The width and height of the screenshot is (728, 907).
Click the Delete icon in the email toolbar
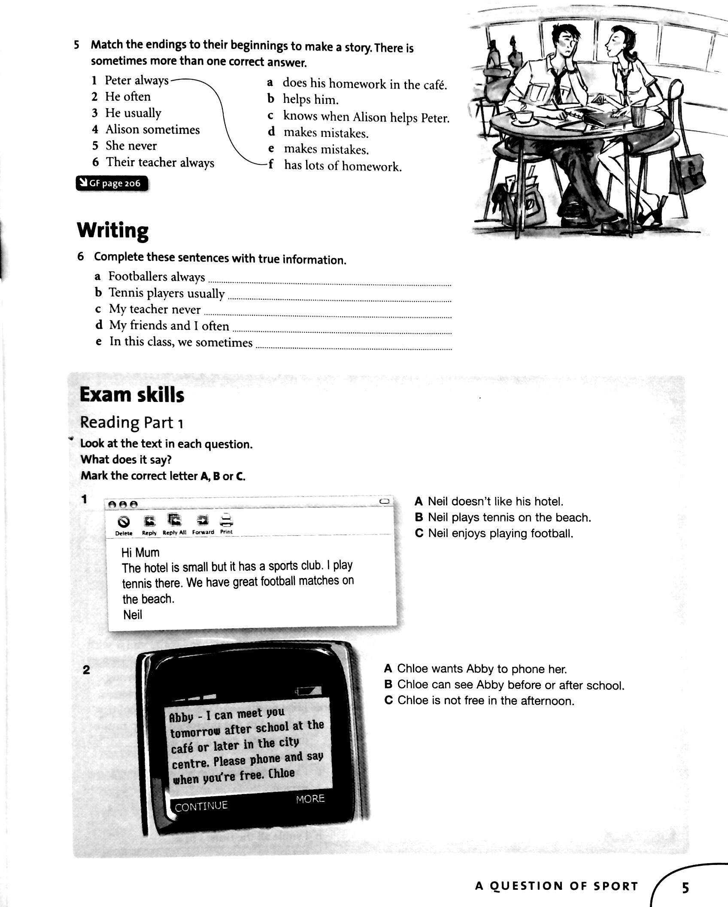pyautogui.click(x=124, y=522)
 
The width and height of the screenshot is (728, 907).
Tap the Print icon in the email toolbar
pyautogui.click(x=226, y=520)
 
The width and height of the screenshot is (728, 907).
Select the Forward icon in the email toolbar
pyautogui.click(x=203, y=521)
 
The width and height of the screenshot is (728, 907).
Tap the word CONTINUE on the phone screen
pyautogui.click(x=201, y=806)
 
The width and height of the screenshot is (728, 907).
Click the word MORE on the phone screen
pyautogui.click(x=310, y=799)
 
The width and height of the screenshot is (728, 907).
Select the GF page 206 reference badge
pyautogui.click(x=112, y=183)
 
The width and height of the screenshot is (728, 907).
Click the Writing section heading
pyautogui.click(x=113, y=231)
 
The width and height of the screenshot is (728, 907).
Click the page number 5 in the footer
pyautogui.click(x=685, y=886)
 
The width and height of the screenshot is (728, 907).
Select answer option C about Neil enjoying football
pyautogui.click(x=494, y=533)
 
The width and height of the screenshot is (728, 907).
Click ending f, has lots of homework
pyautogui.click(x=342, y=166)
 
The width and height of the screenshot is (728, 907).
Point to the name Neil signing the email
pyautogui.click(x=133, y=615)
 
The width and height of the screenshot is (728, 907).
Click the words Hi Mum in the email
pyautogui.click(x=140, y=552)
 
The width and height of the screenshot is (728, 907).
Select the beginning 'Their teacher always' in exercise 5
pyautogui.click(x=160, y=162)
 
